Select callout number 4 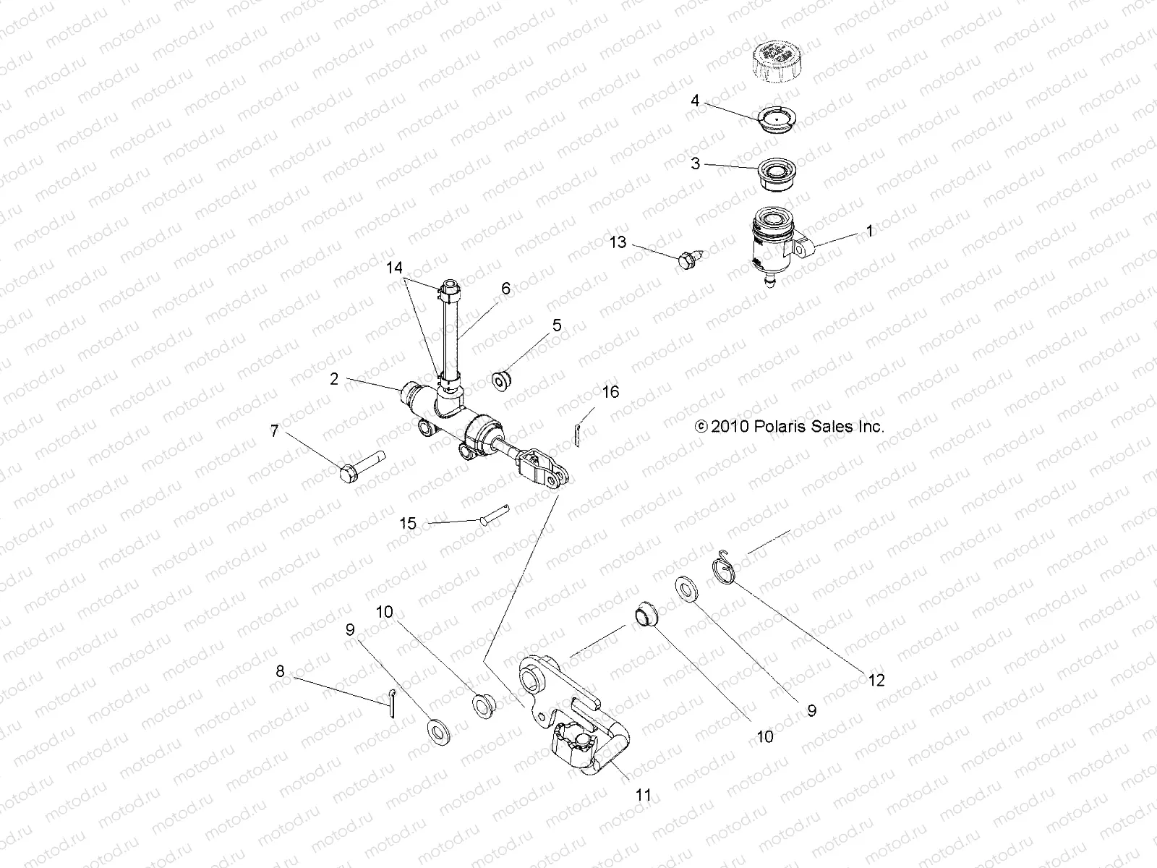click(x=695, y=101)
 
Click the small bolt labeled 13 click(x=687, y=259)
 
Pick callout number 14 click(x=394, y=268)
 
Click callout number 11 click(x=643, y=796)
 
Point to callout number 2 click(x=334, y=379)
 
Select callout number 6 click(x=505, y=289)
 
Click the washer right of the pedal click(x=685, y=587)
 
